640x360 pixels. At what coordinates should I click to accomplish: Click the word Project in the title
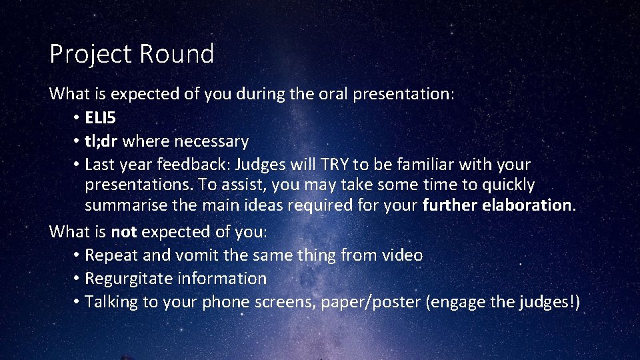83,54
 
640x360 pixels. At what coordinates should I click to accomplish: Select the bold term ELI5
100,118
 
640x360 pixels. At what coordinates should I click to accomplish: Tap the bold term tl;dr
101,141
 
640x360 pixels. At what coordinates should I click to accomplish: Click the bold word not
123,232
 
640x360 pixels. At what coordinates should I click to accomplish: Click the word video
402,255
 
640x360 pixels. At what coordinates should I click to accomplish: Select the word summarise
126,205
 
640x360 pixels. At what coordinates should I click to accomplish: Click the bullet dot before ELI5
77,119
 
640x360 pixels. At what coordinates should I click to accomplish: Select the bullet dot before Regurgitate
77,279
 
